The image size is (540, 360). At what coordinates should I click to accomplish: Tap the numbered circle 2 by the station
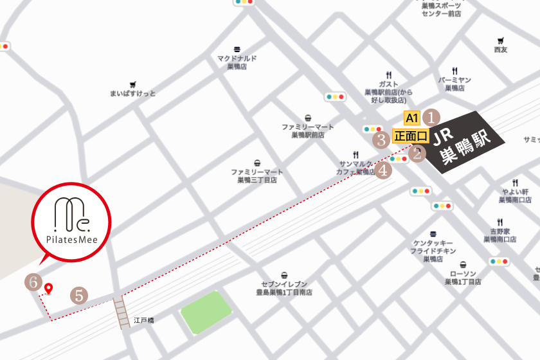coord(418,153)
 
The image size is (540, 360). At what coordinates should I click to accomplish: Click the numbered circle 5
coord(78,295)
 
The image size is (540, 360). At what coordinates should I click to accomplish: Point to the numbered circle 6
coord(33,282)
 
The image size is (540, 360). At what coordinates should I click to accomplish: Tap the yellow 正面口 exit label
coord(411,136)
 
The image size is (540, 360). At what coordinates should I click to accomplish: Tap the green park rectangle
coord(206,312)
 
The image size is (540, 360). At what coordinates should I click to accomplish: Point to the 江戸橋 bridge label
coord(143,319)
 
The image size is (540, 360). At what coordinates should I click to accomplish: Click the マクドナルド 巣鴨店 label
coord(237,62)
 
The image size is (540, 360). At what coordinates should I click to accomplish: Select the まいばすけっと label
coord(133,93)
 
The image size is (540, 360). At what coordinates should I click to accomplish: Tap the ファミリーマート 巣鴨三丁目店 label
coord(257,175)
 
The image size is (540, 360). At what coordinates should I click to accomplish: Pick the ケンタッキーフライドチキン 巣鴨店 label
coord(434,251)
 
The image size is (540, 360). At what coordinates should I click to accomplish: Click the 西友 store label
coord(501,50)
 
